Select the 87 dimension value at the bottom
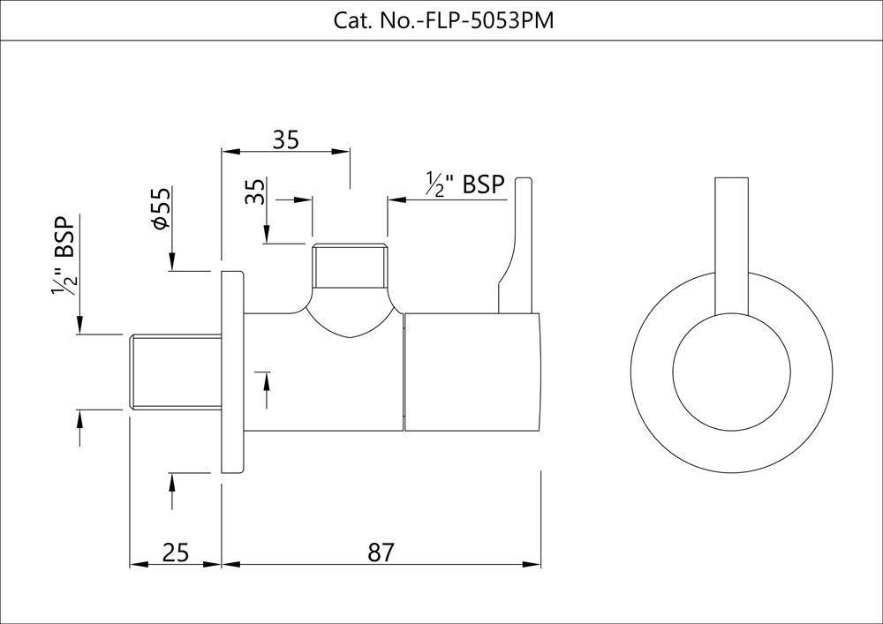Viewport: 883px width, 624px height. coord(381,553)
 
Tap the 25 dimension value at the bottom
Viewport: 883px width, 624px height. coord(176,553)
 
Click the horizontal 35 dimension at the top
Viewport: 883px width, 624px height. coord(285,139)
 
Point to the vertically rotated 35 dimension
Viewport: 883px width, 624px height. coord(255,192)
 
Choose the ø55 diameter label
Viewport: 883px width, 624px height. coord(160,210)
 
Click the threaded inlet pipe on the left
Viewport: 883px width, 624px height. coord(175,372)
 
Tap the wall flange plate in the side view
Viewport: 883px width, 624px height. coord(231,372)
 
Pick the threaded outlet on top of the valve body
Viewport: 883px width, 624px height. coord(350,266)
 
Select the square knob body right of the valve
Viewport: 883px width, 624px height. coord(472,372)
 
